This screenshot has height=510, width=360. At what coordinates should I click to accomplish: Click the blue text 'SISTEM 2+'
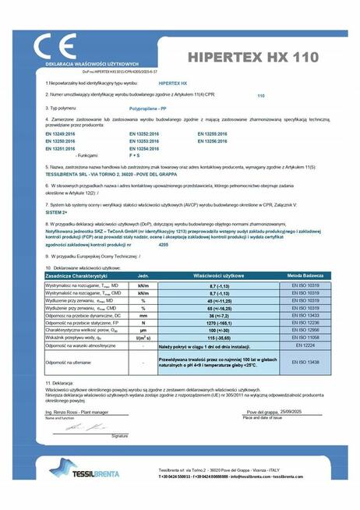[57, 211]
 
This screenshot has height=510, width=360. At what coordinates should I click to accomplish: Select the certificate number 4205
[163, 244]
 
